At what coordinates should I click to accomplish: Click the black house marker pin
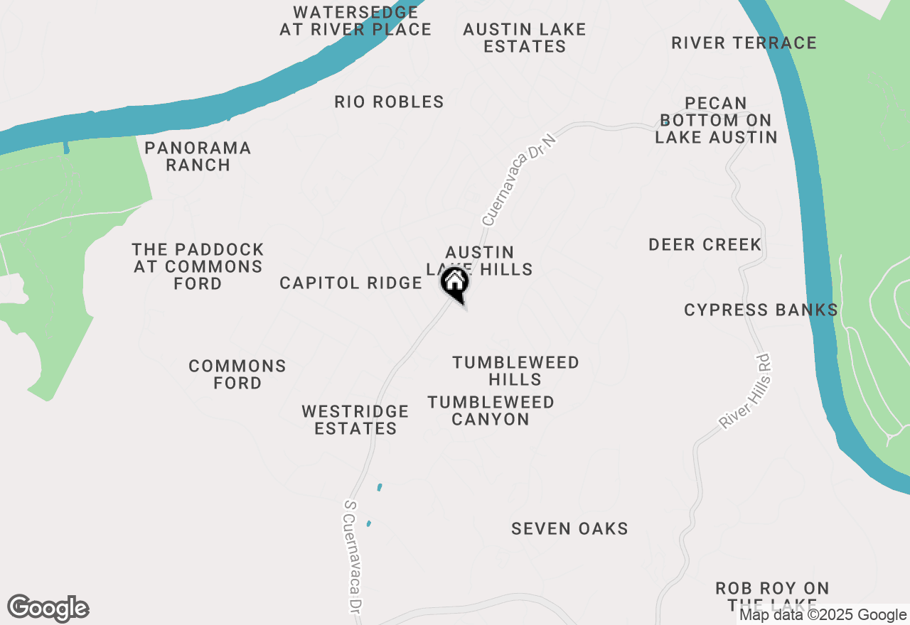pyautogui.click(x=454, y=284)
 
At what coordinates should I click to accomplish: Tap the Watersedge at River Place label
pyautogui.click(x=355, y=21)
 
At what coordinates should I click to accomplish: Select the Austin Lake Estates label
pyautogui.click(x=525, y=38)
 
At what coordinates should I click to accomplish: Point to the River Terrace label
pyautogui.click(x=744, y=43)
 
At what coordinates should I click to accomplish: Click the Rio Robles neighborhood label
pyautogui.click(x=389, y=102)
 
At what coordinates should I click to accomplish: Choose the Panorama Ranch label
pyautogui.click(x=198, y=156)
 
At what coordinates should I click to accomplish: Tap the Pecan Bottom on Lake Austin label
pyautogui.click(x=716, y=120)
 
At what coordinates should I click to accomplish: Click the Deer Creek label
pyautogui.click(x=705, y=245)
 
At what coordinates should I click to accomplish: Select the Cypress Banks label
pyautogui.click(x=761, y=310)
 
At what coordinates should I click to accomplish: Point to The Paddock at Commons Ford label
pyautogui.click(x=198, y=266)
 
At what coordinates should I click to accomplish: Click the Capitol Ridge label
pyautogui.click(x=351, y=283)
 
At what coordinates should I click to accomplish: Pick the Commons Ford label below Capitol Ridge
pyautogui.click(x=237, y=374)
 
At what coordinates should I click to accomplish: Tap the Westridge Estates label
pyautogui.click(x=355, y=420)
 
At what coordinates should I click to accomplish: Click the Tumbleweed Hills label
pyautogui.click(x=515, y=371)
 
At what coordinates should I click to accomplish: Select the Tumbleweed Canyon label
pyautogui.click(x=491, y=411)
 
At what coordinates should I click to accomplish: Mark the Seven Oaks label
pyautogui.click(x=569, y=528)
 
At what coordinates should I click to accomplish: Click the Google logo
pyautogui.click(x=48, y=609)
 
